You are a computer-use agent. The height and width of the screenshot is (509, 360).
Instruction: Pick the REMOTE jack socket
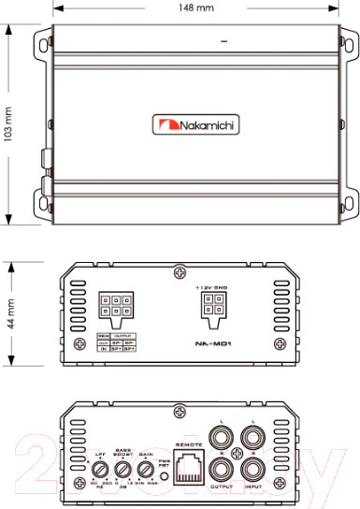pyautogui.click(x=190, y=465)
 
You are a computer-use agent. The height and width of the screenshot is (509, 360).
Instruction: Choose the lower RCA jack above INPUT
pyautogui.click(x=253, y=470)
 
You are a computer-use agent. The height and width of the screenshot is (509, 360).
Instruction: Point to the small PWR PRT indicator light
pyautogui.click(x=165, y=474)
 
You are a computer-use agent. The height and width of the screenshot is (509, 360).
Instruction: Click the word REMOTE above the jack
pyautogui.click(x=190, y=442)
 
